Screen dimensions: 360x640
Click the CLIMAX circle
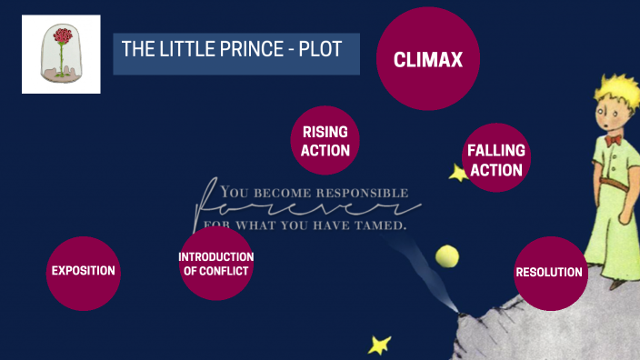point(427,59)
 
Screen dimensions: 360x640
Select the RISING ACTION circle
point(325,142)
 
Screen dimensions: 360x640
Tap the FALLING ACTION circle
point(495,158)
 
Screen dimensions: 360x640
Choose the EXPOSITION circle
point(83,271)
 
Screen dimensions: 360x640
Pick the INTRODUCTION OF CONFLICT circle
point(215,264)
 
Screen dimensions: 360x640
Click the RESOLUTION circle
point(549,272)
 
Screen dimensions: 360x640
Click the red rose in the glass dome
point(62,40)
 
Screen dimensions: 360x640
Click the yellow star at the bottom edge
point(379,345)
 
